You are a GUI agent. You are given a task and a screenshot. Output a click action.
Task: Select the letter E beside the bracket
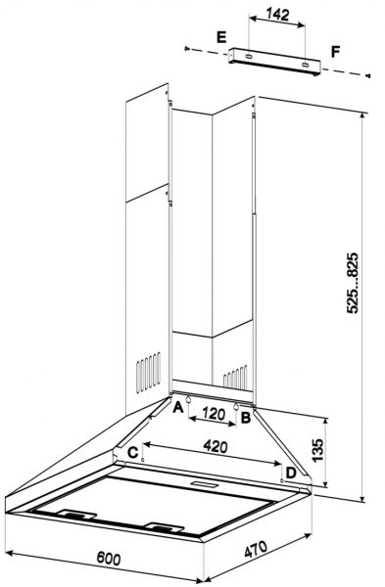point(222,38)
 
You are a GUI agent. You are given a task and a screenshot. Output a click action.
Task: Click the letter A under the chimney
point(178,411)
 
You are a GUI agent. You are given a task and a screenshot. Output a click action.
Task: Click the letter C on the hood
point(131,451)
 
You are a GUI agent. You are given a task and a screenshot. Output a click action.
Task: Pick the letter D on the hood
point(291,473)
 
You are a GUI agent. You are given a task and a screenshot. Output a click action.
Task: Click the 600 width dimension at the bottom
point(109,559)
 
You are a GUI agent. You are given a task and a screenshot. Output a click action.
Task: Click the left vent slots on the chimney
point(145,372)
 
